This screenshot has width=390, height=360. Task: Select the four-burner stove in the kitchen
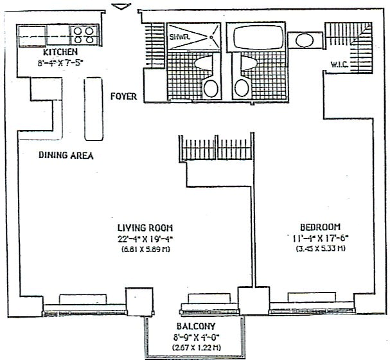click(x=84, y=33)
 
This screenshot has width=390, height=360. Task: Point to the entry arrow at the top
click(x=120, y=7)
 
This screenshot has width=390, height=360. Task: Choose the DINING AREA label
click(x=66, y=155)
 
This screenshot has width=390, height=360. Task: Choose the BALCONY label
click(x=194, y=327)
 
